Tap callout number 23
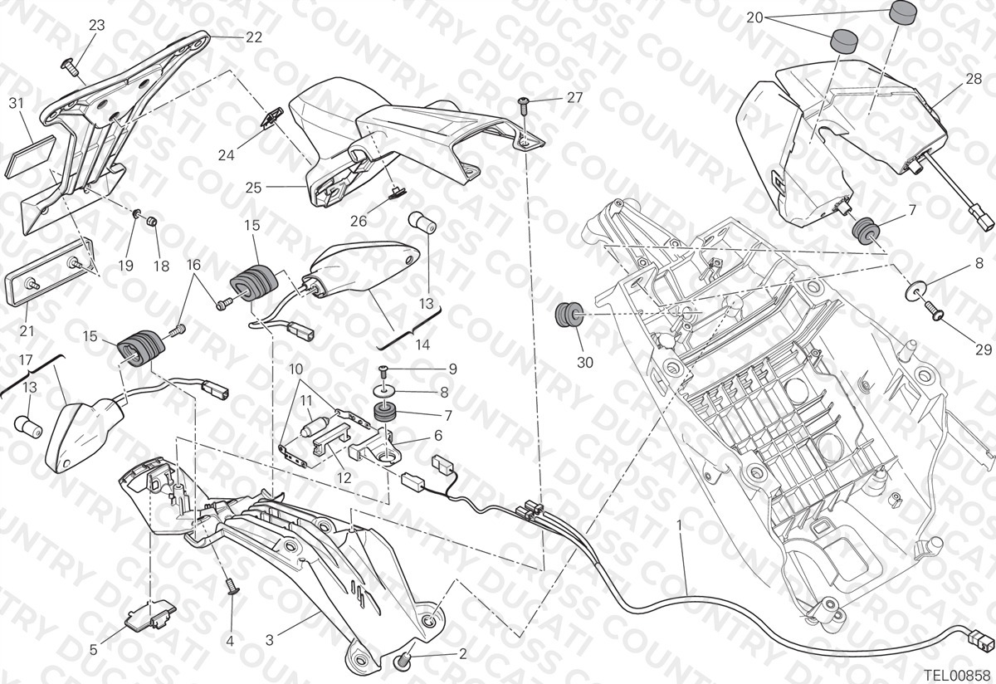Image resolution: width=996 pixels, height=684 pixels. (96, 26)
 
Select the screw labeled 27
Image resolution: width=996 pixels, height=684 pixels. (524, 106)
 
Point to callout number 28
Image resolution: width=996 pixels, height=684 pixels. (974, 79)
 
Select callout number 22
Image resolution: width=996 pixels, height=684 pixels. (254, 37)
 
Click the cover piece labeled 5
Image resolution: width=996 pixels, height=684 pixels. (150, 614)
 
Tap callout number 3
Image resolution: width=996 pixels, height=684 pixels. (270, 640)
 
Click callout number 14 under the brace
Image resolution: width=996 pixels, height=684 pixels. (422, 344)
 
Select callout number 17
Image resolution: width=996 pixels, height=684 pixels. (26, 359)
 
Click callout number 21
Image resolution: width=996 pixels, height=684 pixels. (27, 331)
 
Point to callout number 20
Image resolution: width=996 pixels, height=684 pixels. (754, 17)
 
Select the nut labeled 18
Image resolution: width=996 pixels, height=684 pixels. (153, 221)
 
